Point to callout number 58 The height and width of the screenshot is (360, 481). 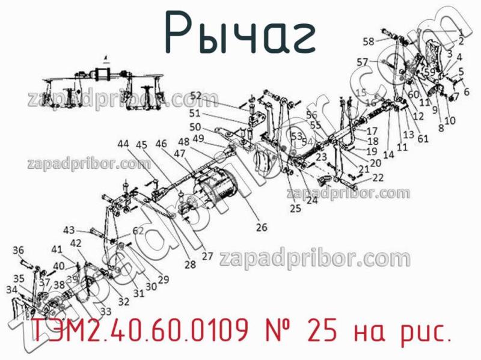[x=368, y=41]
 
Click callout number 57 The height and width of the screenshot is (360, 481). [x=362, y=61]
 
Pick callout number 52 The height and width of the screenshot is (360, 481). [x=196, y=95]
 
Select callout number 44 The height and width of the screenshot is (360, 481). [x=123, y=144]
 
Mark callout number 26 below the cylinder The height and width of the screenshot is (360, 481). [x=262, y=227]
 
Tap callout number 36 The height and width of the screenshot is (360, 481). [x=18, y=250]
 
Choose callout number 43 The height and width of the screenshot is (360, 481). [x=70, y=230]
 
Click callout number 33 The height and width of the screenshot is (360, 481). [x=106, y=311]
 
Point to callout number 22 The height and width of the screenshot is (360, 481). [x=378, y=177]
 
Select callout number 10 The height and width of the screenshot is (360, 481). [x=450, y=121]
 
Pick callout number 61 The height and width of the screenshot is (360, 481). [x=423, y=139]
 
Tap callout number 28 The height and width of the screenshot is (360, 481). [x=191, y=264]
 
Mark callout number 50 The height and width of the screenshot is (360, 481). [x=195, y=127]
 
